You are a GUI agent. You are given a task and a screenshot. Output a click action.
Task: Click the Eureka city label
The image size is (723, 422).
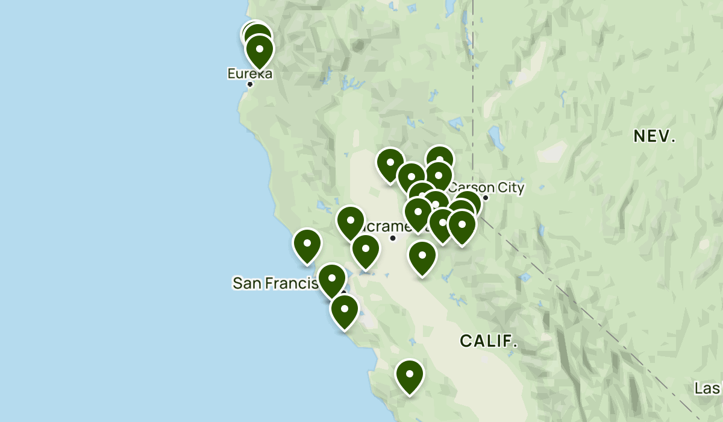tap(249, 74)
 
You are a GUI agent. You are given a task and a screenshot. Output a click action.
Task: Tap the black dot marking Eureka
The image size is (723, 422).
tap(250, 84)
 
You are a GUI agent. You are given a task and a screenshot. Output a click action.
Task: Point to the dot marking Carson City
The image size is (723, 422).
tap(486, 197)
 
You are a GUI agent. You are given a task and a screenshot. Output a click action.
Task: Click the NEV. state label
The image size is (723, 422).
tap(654, 137)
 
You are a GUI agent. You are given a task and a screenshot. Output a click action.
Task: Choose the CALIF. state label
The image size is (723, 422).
tap(489, 341)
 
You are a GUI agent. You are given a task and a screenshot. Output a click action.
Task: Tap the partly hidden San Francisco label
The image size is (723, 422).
tap(274, 283)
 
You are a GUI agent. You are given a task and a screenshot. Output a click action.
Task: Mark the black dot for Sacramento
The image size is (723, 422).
tap(393, 238)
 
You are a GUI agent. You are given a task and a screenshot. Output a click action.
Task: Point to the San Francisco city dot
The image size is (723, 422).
tap(343, 293)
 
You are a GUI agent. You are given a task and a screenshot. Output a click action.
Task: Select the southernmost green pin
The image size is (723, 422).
tap(410, 375)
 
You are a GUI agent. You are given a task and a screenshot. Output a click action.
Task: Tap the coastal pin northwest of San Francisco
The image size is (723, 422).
tap(307, 245)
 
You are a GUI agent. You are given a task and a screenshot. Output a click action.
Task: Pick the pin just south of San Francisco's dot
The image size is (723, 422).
tap(345, 310)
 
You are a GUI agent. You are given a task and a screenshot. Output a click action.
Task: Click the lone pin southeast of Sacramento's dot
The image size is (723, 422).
tap(422, 256)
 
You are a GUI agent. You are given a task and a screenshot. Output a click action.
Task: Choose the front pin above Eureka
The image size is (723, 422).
tap(260, 49)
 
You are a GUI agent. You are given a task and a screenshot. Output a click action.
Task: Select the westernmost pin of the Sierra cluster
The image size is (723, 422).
tap(390, 163)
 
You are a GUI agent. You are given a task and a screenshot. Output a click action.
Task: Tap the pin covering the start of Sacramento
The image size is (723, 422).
tap(351, 222)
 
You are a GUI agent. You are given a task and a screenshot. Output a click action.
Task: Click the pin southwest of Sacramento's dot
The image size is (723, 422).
tap(365, 250)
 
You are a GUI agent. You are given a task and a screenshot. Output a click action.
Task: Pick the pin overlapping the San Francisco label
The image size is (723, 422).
tap(332, 280)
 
